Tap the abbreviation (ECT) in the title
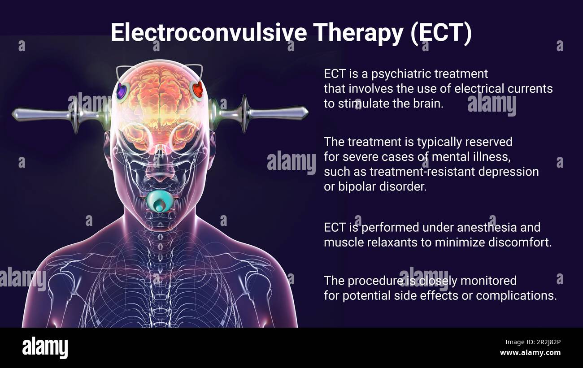tap(441, 32)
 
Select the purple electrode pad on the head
tap(121, 91)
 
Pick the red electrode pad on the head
tap(197, 90)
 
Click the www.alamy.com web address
tap(531, 353)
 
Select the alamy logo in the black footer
tap(45, 348)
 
